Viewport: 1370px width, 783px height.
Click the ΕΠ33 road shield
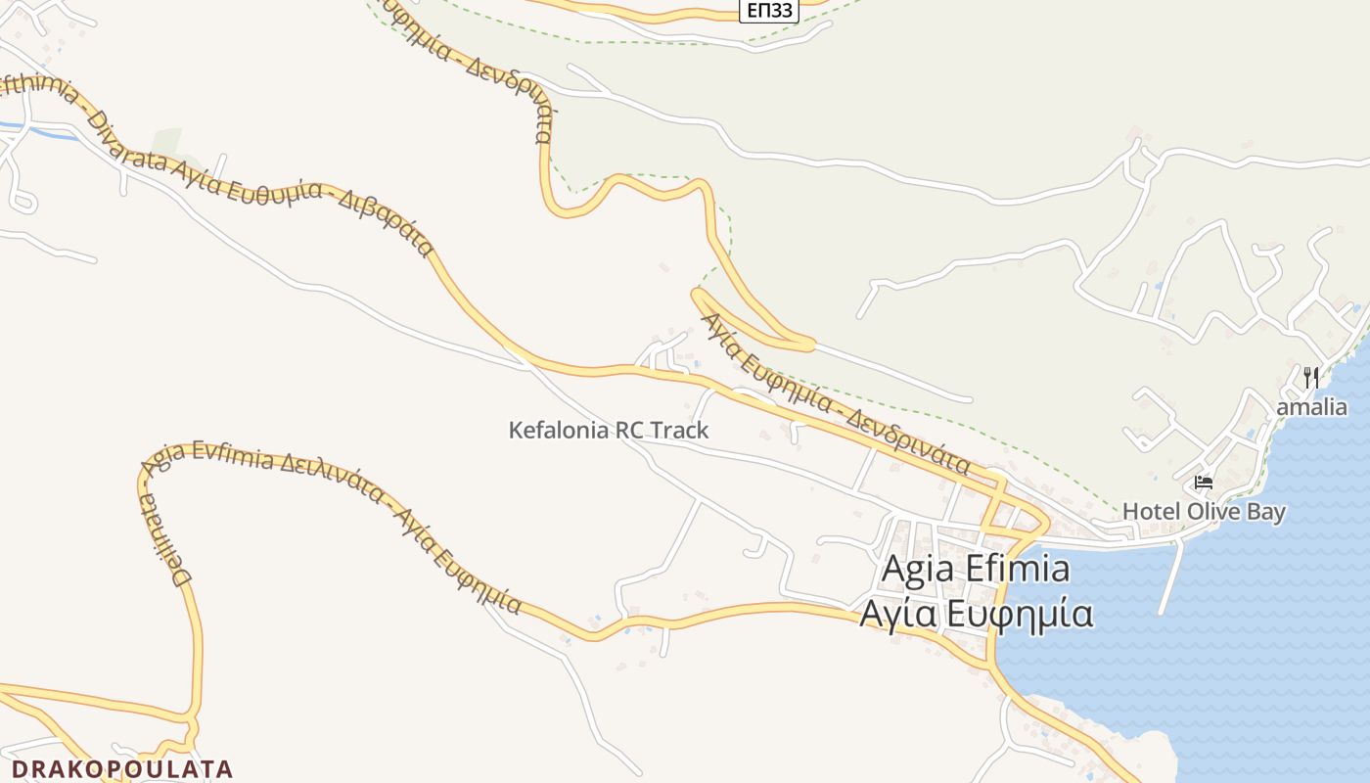770,10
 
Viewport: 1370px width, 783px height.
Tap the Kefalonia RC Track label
608,430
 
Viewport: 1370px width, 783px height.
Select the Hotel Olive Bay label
1204,511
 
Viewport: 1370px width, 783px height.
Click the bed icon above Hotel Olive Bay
1204,483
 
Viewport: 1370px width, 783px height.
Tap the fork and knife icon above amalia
1311,377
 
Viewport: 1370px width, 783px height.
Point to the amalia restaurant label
1311,407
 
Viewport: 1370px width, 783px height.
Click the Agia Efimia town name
975,569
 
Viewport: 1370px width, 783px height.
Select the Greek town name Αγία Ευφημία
976,614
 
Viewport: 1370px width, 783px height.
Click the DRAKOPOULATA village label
122,769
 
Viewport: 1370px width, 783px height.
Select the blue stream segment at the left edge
39,129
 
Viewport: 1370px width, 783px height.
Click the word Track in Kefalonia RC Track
678,430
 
